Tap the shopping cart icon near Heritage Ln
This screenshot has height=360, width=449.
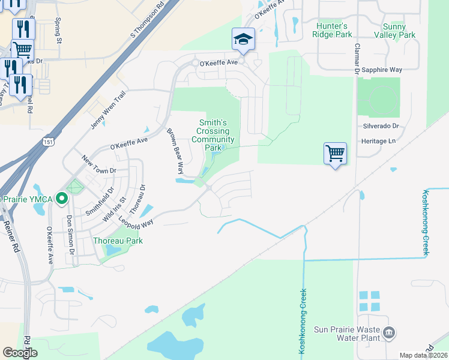click(335, 153)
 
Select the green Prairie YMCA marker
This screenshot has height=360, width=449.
click(61, 198)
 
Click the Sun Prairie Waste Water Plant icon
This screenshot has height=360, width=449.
click(389, 332)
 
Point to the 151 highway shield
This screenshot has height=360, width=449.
click(48, 140)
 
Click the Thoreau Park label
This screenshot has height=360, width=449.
click(118, 241)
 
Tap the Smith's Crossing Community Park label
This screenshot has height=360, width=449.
click(212, 135)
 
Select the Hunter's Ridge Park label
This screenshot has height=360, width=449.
click(332, 30)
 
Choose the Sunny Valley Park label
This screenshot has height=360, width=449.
click(399, 31)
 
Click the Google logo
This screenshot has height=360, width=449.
click(20, 353)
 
